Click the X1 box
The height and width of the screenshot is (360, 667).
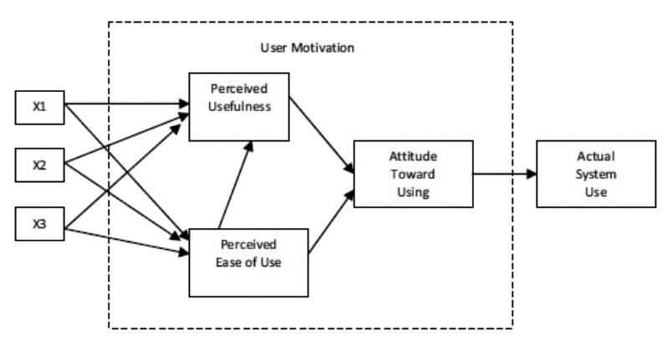click(39, 108)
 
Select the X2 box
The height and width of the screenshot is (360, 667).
click(39, 165)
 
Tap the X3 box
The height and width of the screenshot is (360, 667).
click(39, 224)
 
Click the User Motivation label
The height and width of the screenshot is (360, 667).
click(307, 48)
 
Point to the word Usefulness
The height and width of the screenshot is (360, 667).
click(240, 106)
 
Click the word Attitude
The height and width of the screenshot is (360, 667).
click(413, 156)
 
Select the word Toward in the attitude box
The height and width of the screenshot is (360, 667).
click(413, 175)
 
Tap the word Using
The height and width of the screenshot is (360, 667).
click(413, 192)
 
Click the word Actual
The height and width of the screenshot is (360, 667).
click(596, 156)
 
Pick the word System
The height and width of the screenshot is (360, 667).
click(596, 175)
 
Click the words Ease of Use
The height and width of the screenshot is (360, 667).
click(248, 262)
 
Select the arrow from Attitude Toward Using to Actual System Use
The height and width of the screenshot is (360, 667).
click(505, 174)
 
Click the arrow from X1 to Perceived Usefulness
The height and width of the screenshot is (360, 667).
click(127, 104)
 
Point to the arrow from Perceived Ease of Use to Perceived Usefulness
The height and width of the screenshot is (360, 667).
click(236, 185)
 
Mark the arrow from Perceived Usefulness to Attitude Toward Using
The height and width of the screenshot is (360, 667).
click(322, 135)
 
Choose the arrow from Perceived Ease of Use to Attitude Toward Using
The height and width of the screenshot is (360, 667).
click(331, 222)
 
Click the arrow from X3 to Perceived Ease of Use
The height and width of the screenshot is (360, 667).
click(127, 241)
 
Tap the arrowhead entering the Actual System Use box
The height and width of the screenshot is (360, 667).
click(532, 174)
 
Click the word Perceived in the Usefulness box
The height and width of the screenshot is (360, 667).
click(239, 89)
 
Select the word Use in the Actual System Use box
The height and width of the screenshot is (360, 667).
click(596, 192)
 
